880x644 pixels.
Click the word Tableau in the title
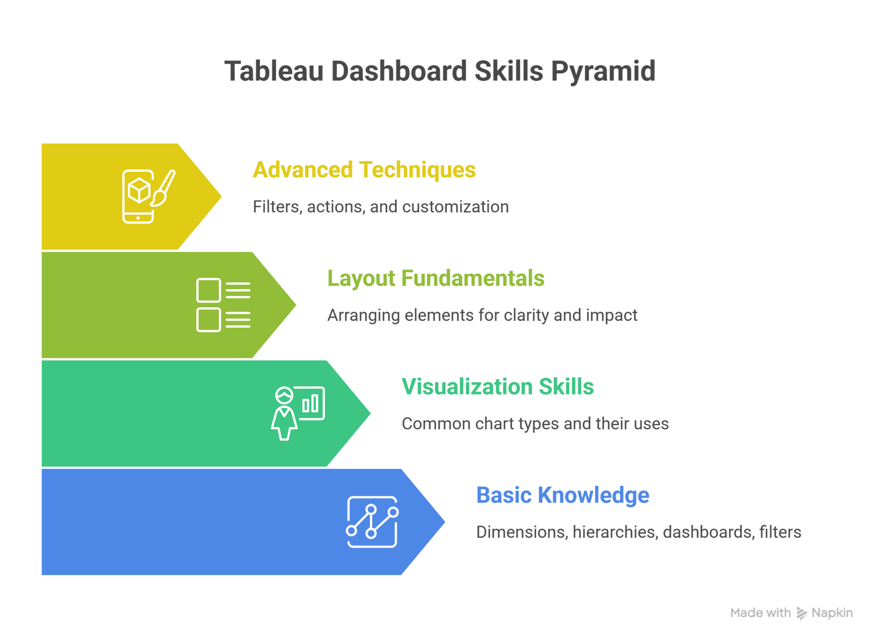274,71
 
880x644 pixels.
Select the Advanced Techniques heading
364,170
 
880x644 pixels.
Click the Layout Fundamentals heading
435,278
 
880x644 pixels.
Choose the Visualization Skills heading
497,386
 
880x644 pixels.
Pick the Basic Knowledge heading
563,496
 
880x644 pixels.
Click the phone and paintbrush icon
148,196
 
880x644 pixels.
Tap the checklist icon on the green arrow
223,305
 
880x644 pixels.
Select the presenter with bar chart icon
298,413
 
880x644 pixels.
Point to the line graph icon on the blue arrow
372,522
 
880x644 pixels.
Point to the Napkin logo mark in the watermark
801,613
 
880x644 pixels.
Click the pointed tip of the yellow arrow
222,196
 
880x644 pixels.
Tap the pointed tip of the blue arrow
445,522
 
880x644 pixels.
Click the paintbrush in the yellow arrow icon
163,188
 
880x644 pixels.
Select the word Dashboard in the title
399,71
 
